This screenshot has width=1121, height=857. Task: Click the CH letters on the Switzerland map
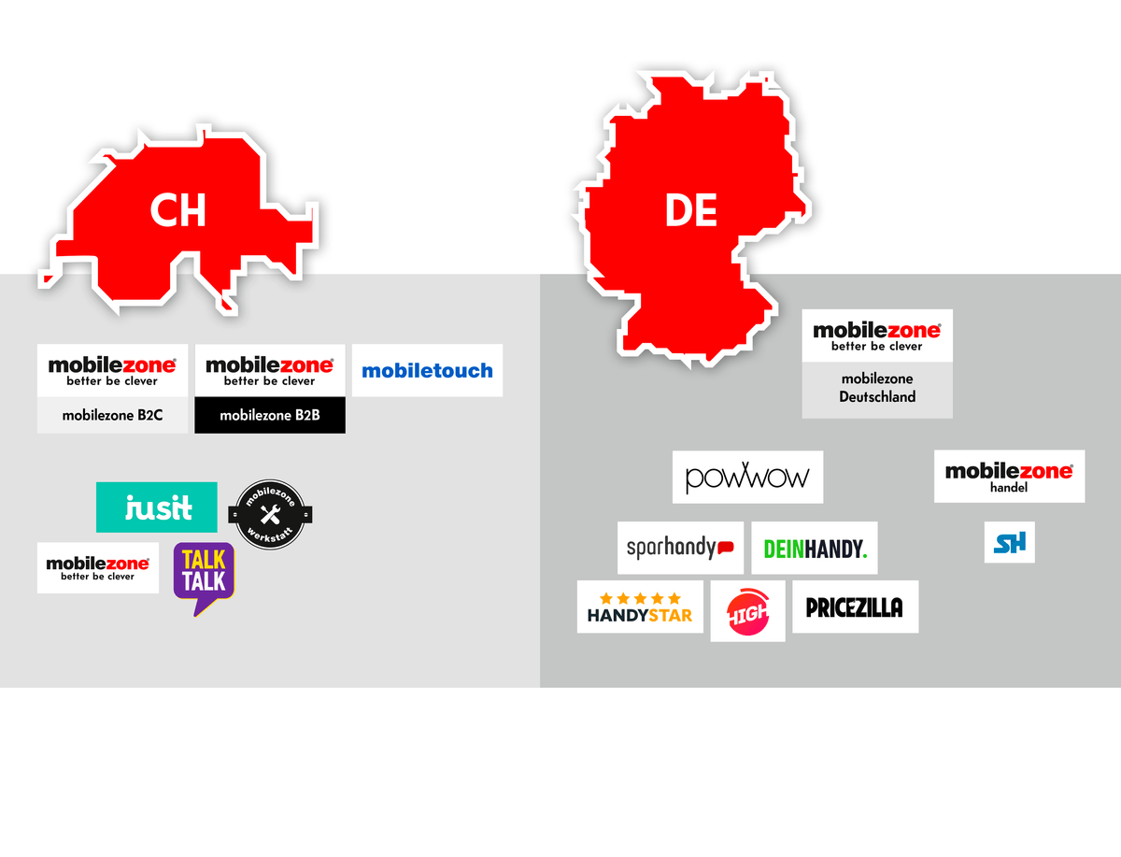pyautogui.click(x=177, y=212)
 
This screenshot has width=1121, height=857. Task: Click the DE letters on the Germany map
pyautogui.click(x=691, y=212)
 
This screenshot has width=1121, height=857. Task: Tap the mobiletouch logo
pyautogui.click(x=427, y=371)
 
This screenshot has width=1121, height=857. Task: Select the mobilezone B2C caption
pyautogui.click(x=112, y=415)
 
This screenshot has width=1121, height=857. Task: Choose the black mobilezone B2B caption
pyautogui.click(x=270, y=415)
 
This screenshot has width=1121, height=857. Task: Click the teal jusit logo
pyautogui.click(x=157, y=507)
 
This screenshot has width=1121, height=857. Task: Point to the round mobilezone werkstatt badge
pyautogui.click(x=270, y=514)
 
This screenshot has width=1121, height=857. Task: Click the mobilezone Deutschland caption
pyautogui.click(x=877, y=388)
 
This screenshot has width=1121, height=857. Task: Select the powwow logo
pyautogui.click(x=747, y=478)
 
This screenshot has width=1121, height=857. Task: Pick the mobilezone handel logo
pyautogui.click(x=1009, y=477)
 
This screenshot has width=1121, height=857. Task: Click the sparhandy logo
pyautogui.click(x=680, y=548)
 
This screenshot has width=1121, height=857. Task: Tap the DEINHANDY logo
pyautogui.click(x=815, y=549)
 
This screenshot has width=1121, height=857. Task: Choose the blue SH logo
pyautogui.click(x=1009, y=543)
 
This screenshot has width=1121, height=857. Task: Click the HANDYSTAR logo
pyautogui.click(x=640, y=607)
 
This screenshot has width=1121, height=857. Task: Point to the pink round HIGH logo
pyautogui.click(x=747, y=611)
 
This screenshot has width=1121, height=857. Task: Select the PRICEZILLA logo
pyautogui.click(x=855, y=607)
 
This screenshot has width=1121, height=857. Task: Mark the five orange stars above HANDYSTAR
pyautogui.click(x=640, y=598)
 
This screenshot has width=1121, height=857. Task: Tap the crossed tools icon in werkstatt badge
pyautogui.click(x=270, y=514)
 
